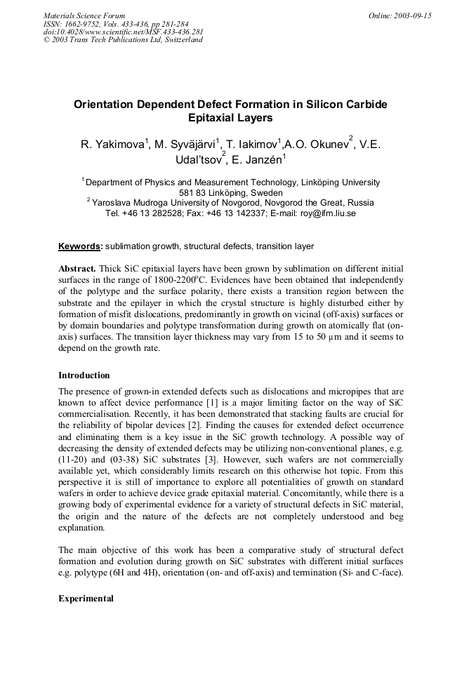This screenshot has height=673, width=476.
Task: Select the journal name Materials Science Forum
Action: (x=84, y=15)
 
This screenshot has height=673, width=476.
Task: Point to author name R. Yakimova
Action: (x=112, y=145)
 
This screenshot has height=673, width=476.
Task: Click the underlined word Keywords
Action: (x=79, y=246)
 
